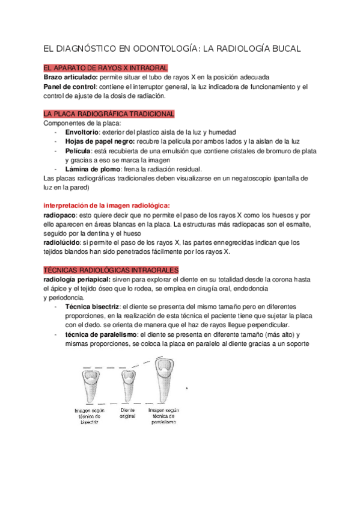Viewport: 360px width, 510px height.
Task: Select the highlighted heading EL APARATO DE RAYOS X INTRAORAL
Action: tap(106, 68)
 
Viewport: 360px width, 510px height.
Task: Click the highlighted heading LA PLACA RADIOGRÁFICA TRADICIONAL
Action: tap(109, 114)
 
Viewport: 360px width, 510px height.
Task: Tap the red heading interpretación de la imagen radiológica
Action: tap(107, 206)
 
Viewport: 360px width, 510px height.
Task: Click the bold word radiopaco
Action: tap(60, 215)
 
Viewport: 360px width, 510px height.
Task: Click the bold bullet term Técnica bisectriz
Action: tap(92, 307)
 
